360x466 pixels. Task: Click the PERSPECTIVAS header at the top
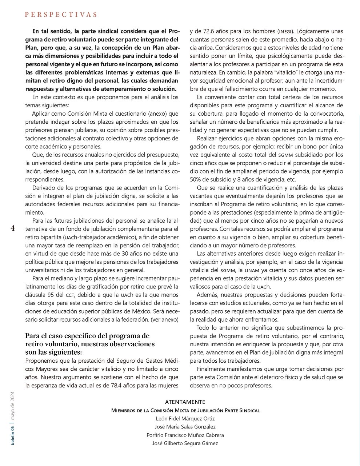point(61,15)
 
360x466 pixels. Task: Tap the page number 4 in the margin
point(13,228)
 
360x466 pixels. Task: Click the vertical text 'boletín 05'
point(13,434)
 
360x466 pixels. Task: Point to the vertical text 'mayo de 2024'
point(13,406)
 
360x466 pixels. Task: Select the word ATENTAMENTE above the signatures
point(185,402)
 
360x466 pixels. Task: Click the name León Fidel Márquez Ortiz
point(185,419)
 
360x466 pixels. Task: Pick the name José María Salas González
point(185,427)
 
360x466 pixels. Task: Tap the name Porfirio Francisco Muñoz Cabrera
point(185,435)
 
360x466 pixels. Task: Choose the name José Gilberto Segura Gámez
point(185,443)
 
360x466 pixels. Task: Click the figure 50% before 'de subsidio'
point(196,179)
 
